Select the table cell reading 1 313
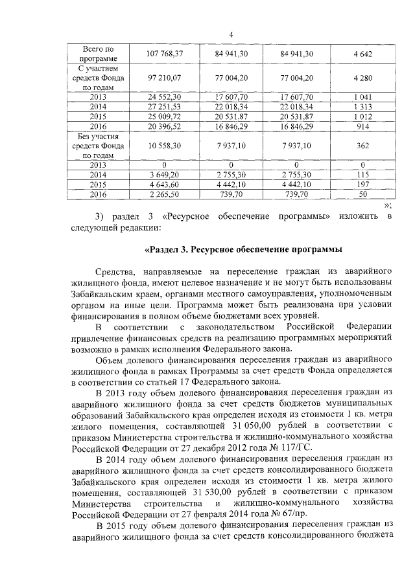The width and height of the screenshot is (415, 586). click(x=362, y=106)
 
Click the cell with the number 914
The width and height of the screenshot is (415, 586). click(x=362, y=126)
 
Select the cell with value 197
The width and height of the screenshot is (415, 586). click(x=362, y=184)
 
